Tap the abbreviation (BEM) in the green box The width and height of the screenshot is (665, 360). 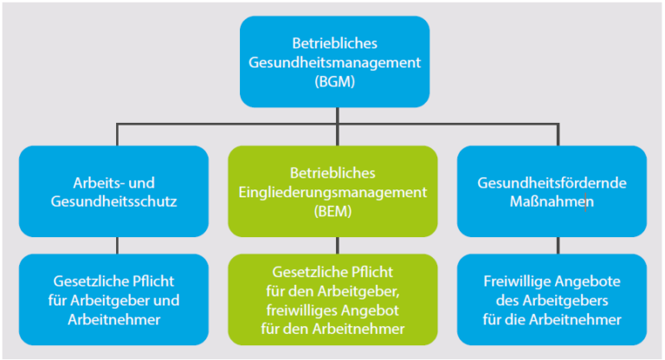point(332,209)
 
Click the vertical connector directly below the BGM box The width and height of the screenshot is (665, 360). point(333,116)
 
